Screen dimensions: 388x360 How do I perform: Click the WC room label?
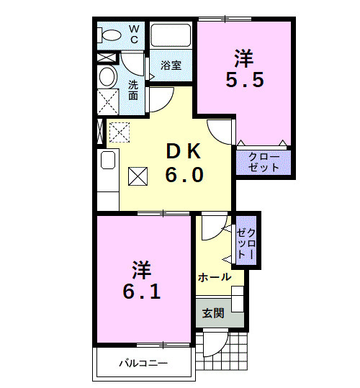(x=134, y=34)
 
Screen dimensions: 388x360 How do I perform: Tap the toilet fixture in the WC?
(x=111, y=35)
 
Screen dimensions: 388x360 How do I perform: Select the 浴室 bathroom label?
(x=171, y=65)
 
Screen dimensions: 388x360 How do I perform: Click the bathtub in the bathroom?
(x=171, y=36)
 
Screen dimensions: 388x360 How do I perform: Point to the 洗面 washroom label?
(x=134, y=90)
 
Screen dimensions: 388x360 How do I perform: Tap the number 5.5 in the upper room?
(x=244, y=80)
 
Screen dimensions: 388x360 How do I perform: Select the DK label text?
(x=185, y=152)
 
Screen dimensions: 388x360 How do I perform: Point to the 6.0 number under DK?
(x=185, y=175)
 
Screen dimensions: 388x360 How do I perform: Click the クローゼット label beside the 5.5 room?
(x=264, y=162)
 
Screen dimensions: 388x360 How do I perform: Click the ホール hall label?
(x=214, y=277)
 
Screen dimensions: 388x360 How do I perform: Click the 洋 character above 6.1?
(x=141, y=270)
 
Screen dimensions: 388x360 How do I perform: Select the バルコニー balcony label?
(x=143, y=363)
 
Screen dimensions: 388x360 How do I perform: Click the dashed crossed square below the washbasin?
(x=108, y=103)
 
